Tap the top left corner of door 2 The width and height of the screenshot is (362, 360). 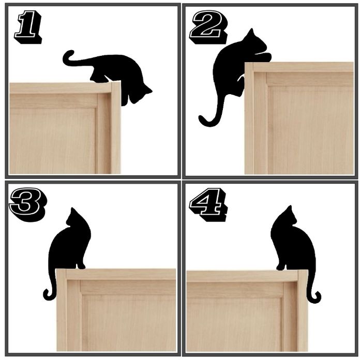[246, 64]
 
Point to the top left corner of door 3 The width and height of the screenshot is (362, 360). [57, 270]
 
